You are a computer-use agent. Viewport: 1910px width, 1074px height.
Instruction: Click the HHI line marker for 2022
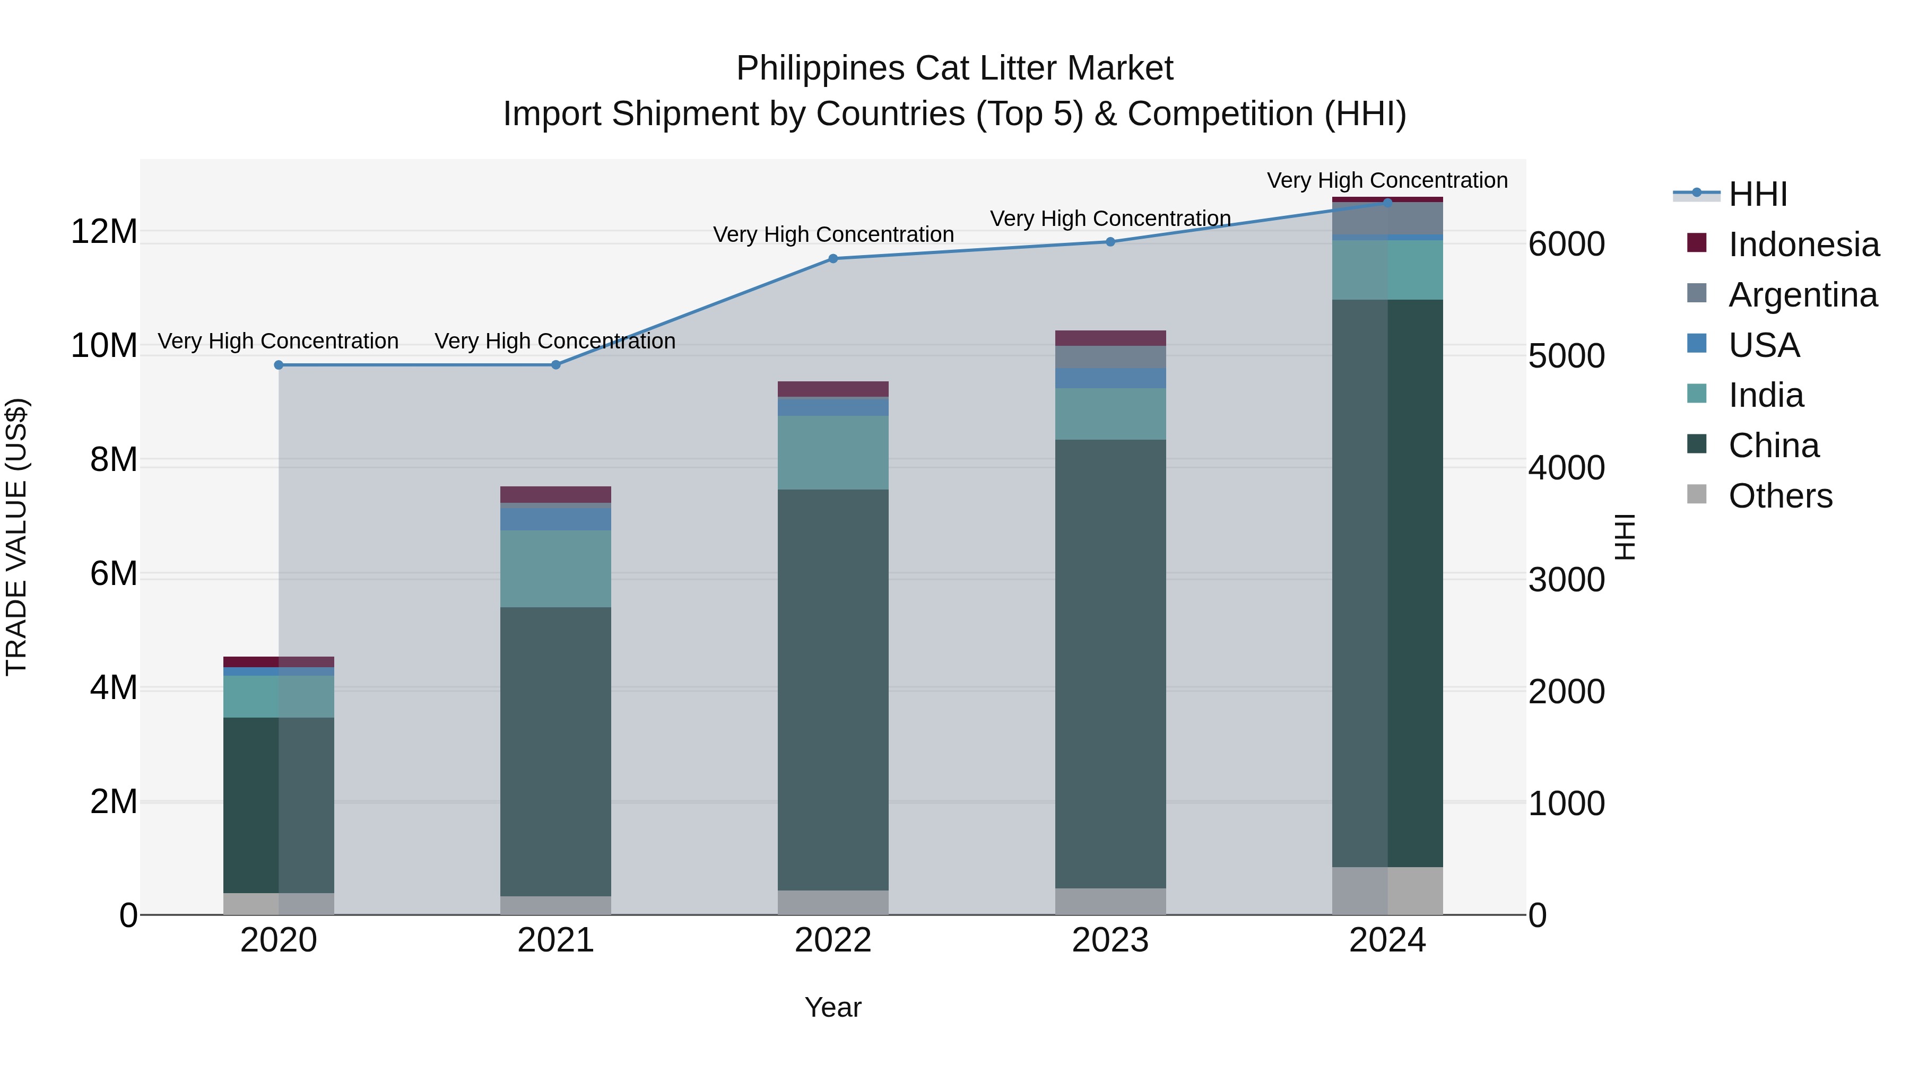pos(832,259)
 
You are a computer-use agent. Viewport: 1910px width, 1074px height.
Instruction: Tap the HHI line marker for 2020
pos(279,365)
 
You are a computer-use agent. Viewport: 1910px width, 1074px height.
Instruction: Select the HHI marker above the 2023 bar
pos(1110,242)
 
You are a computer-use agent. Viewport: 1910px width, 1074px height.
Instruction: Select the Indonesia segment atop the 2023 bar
pos(1110,338)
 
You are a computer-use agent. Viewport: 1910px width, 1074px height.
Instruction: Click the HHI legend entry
pos(1757,194)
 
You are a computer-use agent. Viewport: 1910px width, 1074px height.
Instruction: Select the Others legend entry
pos(1779,496)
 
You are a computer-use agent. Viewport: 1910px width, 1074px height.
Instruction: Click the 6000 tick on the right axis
pos(1567,245)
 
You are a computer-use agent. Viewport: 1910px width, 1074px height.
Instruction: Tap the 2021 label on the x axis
pos(555,940)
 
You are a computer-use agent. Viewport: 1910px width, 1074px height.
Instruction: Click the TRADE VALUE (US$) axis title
pos(16,537)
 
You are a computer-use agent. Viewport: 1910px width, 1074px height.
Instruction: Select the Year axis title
pos(832,1007)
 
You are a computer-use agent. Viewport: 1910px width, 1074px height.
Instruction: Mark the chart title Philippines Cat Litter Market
pos(954,68)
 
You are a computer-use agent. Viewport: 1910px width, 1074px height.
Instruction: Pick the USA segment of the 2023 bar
pos(1110,378)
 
